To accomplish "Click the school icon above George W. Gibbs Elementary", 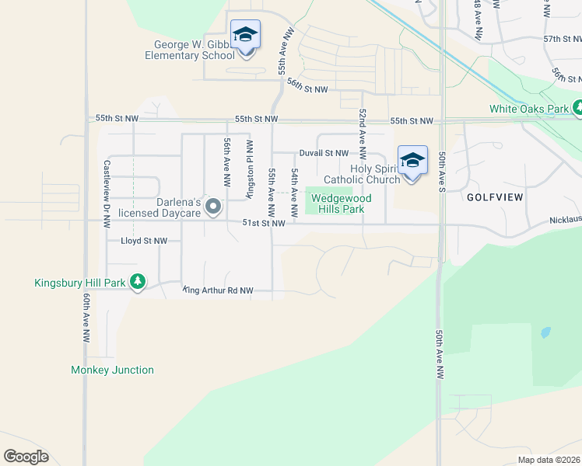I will (x=245, y=36).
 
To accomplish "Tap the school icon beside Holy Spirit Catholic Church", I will (x=412, y=162).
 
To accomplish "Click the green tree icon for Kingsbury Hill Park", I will (x=138, y=282).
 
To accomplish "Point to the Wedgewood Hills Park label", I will (x=342, y=203).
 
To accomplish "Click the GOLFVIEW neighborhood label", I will (x=495, y=197).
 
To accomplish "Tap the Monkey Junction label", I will (x=112, y=370).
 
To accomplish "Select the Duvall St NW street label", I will (x=324, y=154).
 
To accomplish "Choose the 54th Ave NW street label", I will (x=295, y=194).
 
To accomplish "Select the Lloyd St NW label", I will (x=144, y=242).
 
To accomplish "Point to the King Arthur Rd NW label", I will (x=219, y=290).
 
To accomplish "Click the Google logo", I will (x=26, y=457).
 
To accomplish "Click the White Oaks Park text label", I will (x=529, y=110).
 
